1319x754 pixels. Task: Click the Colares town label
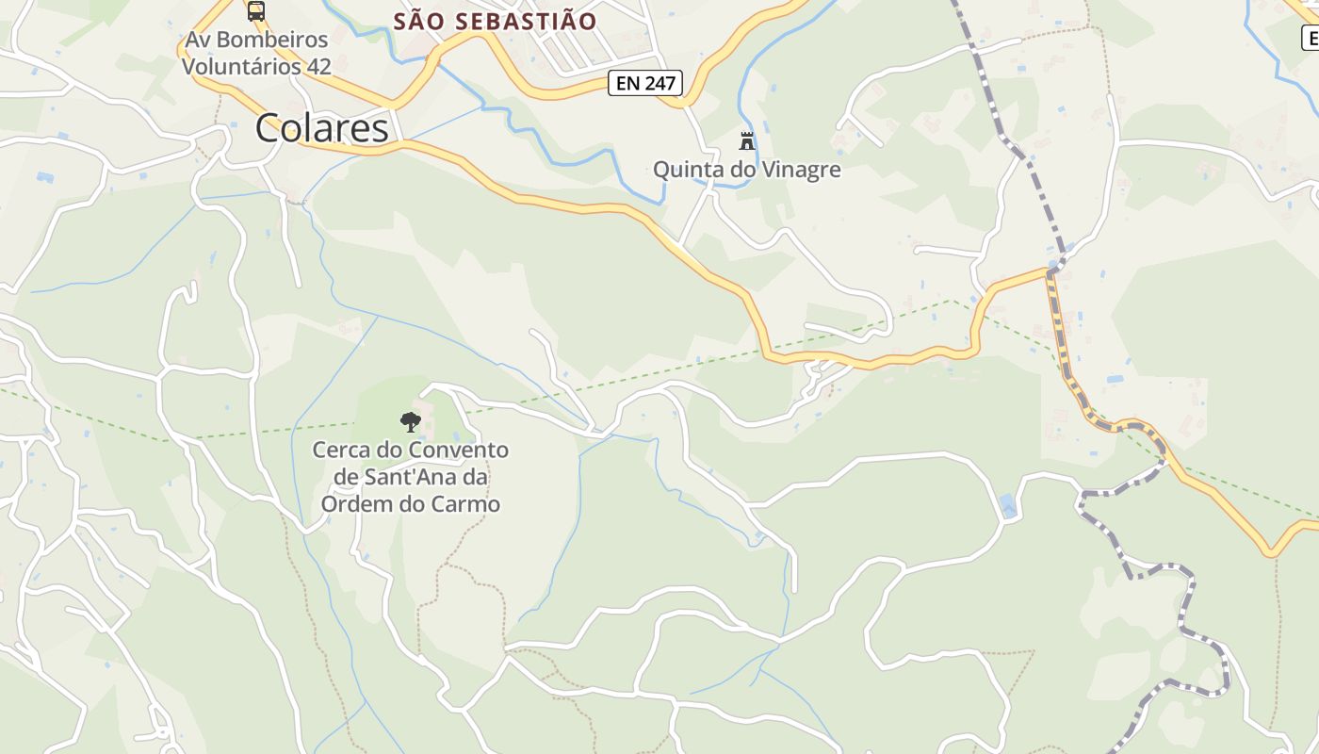[x=321, y=128]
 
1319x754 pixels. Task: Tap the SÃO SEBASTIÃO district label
[x=495, y=21]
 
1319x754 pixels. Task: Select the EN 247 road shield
[x=645, y=83]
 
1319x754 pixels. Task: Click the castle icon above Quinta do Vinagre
[x=747, y=141]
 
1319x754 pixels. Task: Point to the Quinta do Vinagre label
[x=747, y=170]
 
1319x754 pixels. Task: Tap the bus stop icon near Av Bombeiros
[x=255, y=10]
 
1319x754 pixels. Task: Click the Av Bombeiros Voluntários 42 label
[x=256, y=54]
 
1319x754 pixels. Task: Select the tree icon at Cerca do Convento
[x=410, y=421]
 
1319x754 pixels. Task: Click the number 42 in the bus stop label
[x=318, y=67]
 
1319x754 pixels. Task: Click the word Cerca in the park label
[x=341, y=450]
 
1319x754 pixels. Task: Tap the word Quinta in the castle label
[x=684, y=170]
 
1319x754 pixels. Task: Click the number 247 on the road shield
[x=660, y=83]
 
